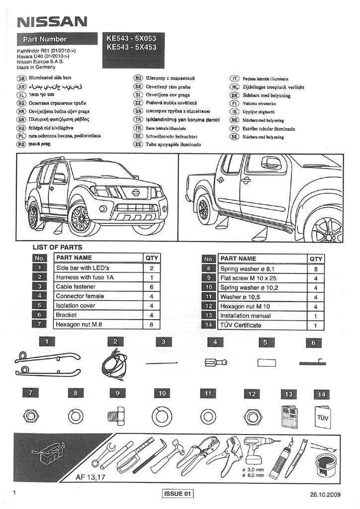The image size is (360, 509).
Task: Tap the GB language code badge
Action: [x=21, y=78]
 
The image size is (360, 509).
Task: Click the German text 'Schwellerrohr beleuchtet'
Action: [x=172, y=136]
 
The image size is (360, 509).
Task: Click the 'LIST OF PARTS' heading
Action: [x=57, y=247]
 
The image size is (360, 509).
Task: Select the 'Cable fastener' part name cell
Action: [x=97, y=287]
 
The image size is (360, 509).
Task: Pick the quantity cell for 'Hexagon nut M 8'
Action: [x=151, y=325]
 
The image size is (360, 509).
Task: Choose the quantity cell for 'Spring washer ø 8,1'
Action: [x=315, y=268]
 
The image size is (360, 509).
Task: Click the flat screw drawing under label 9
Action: [x=118, y=415]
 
